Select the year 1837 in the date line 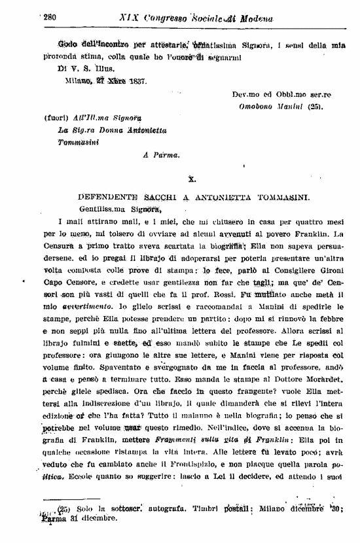point(134,82)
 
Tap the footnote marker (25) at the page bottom point(64,509)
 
